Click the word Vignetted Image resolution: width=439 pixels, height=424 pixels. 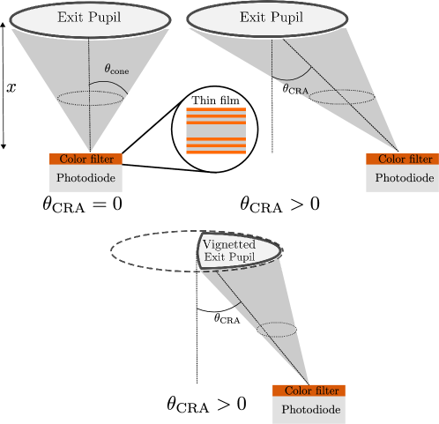coord(228,244)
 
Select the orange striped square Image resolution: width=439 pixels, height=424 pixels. coord(216,130)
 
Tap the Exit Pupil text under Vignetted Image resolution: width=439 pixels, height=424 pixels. coord(229,257)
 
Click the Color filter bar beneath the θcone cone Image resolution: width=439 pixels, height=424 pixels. coord(86,160)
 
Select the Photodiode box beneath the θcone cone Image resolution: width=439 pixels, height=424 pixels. coord(86,178)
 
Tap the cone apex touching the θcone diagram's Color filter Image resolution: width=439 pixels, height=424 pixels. coord(91,152)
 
